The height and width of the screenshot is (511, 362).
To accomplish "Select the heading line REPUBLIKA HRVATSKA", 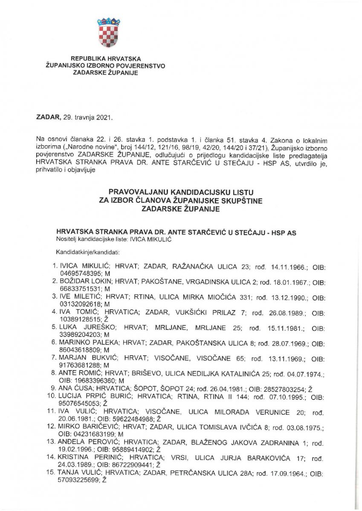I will pos(106,58).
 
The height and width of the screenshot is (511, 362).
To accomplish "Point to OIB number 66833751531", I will pos(78,287).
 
